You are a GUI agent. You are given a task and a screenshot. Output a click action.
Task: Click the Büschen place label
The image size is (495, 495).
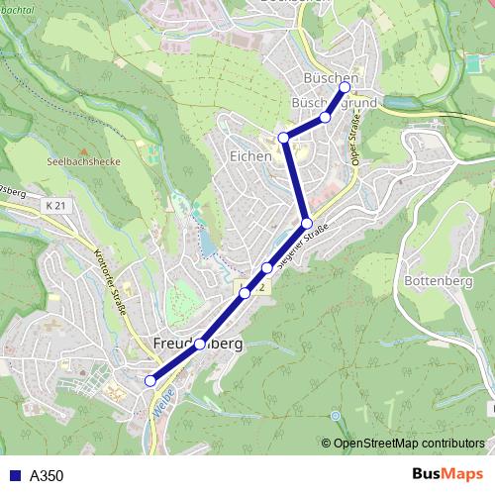point(332,78)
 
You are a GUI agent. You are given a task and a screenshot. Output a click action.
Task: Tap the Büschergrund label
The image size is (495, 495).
point(334,103)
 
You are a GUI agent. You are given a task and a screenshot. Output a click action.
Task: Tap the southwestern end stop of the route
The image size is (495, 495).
point(150,380)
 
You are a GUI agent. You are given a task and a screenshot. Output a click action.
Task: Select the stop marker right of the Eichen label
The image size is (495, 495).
point(284,137)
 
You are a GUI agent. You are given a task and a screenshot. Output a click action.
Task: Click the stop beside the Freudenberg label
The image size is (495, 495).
point(200,345)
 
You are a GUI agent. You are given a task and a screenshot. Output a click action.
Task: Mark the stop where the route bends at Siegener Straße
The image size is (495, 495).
point(307,223)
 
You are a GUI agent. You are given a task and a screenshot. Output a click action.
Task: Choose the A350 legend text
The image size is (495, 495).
point(47,475)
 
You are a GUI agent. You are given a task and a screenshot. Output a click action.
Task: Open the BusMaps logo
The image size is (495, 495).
point(446,474)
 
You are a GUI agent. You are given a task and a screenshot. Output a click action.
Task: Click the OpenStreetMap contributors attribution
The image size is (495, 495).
point(409,445)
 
